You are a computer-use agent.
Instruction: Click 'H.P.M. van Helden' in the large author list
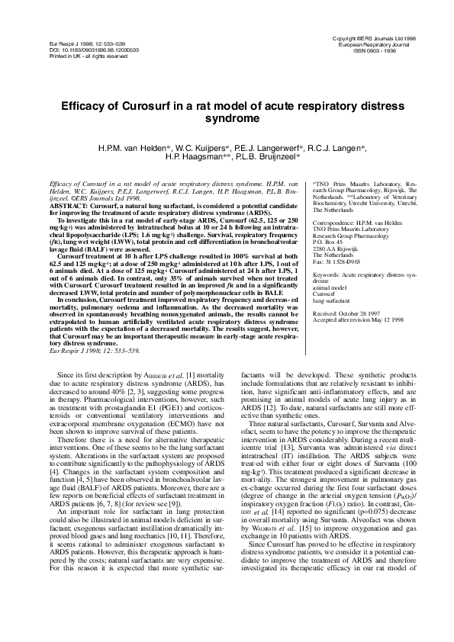point(142,146)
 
